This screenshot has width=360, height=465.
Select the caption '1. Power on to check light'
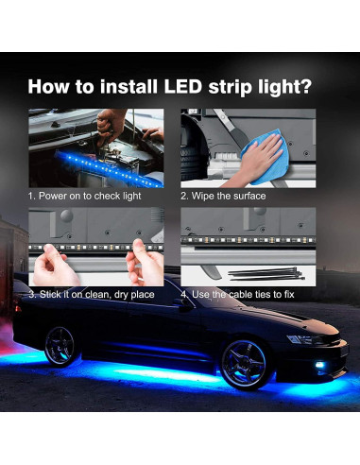(83, 196)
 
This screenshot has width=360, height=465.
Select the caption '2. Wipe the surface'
(223, 196)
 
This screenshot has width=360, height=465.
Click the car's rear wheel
(63, 347)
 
